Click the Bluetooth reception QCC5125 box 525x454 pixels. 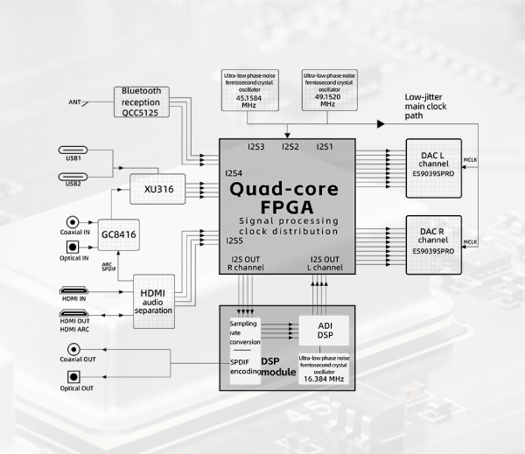[x=141, y=101]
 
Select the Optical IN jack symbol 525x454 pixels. [x=73, y=248]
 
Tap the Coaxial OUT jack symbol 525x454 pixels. [x=73, y=351]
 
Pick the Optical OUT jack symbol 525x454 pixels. [x=73, y=376]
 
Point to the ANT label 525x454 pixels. [x=74, y=102]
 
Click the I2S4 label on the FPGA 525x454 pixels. [x=234, y=172]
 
